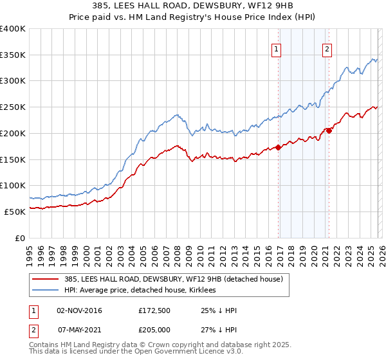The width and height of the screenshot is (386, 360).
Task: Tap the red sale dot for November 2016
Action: pyautogui.click(x=279, y=147)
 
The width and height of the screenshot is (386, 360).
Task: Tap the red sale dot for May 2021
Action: pyautogui.click(x=329, y=130)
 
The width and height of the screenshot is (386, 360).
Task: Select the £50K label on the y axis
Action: pyautogui.click(x=15, y=212)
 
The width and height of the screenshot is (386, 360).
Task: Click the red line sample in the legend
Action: pyautogui.click(x=46, y=279)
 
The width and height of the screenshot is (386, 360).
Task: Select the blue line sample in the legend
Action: pyautogui.click(x=46, y=291)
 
